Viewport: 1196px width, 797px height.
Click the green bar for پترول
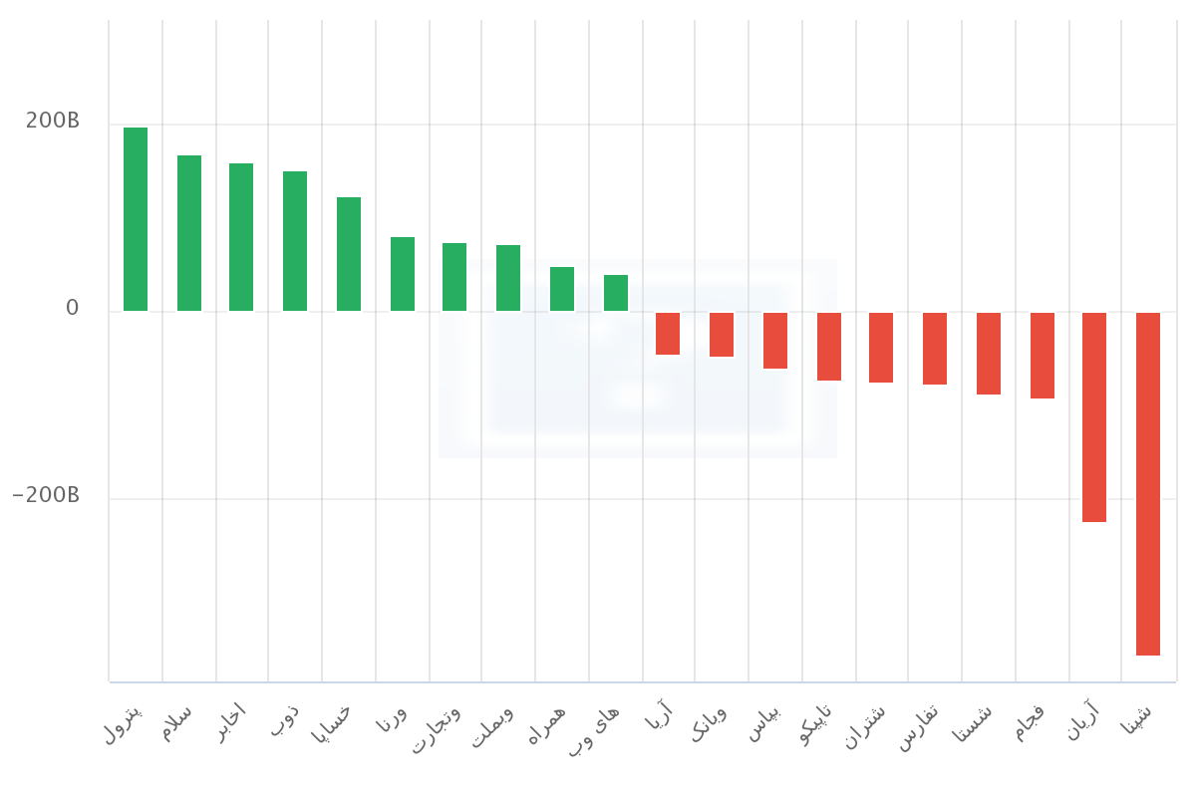coord(136,219)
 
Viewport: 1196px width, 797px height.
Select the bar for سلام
coord(189,233)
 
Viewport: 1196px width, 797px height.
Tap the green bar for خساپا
coord(349,254)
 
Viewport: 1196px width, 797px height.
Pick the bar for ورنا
coord(403,274)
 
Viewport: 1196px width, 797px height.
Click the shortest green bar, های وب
coord(616,293)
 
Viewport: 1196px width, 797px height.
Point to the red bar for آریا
coord(668,334)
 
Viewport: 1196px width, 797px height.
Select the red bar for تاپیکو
coord(829,347)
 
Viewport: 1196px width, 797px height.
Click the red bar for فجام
coord(1043,356)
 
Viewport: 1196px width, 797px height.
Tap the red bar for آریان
coord(1094,417)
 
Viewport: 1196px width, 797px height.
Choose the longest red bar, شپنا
coord(1148,484)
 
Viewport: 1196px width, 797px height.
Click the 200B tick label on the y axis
coord(52,121)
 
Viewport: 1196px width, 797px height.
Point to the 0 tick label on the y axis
coord(72,308)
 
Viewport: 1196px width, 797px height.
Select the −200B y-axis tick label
coord(46,495)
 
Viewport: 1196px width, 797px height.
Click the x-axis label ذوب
coord(285,720)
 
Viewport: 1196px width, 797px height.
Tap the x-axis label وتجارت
coord(437,729)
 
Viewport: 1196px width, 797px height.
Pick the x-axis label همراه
coord(547,725)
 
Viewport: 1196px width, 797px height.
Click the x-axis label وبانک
coord(709,724)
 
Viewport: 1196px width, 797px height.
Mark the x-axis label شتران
coord(865,727)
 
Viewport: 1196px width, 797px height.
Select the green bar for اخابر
coord(241,237)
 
